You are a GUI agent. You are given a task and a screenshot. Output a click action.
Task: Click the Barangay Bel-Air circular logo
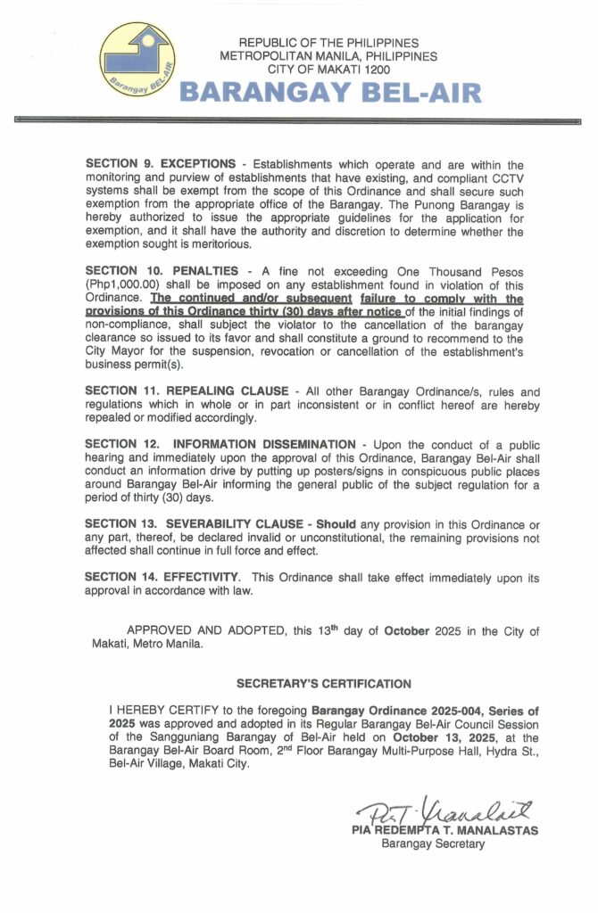point(137,61)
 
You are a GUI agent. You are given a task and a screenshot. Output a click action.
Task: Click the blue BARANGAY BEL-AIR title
point(330,93)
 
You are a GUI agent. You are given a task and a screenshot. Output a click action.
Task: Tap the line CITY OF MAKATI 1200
point(329,69)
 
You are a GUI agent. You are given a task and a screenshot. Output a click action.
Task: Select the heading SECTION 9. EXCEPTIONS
point(165,165)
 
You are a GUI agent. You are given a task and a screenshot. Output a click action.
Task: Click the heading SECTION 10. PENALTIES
point(162,271)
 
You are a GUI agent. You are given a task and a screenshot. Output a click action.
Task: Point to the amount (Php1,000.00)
point(125,285)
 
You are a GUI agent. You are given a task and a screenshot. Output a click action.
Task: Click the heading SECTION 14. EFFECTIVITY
point(162,577)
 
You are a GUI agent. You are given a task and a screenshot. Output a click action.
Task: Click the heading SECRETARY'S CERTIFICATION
point(324,684)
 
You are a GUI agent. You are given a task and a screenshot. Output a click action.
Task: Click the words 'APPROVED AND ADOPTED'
point(209,631)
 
